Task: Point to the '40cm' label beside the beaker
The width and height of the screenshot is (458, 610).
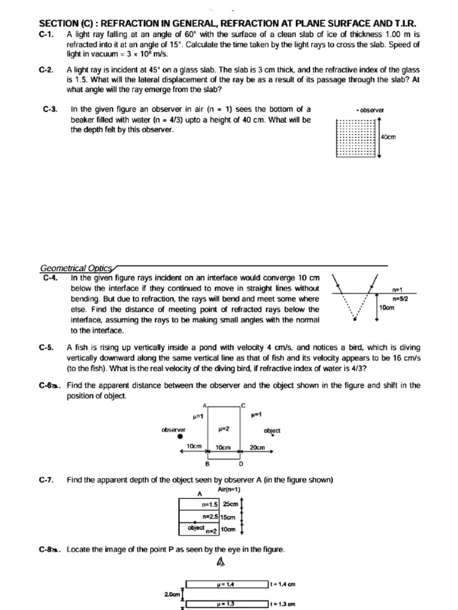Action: click(x=388, y=137)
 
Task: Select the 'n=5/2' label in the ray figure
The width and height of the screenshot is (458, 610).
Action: click(x=400, y=298)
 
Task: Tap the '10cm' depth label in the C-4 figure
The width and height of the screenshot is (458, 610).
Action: click(x=388, y=308)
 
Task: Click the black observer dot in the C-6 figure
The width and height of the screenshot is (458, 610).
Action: click(x=180, y=435)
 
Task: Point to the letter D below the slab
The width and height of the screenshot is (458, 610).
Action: click(x=241, y=463)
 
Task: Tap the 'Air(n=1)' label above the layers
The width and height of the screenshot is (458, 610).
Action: click(x=230, y=489)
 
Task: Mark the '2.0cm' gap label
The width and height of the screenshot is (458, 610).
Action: click(x=172, y=595)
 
